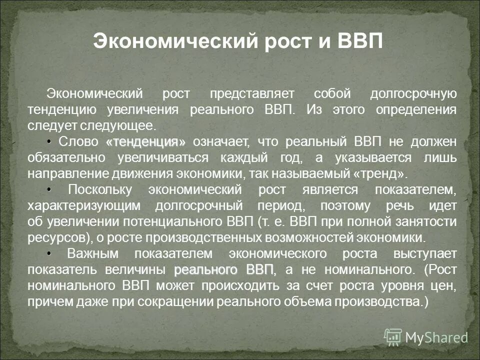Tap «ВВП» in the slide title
point(359,40)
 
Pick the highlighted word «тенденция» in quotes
point(145,142)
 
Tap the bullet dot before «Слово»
point(50,140)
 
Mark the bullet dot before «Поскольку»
point(50,188)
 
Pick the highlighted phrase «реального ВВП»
point(224,270)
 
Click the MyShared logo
point(425,337)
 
